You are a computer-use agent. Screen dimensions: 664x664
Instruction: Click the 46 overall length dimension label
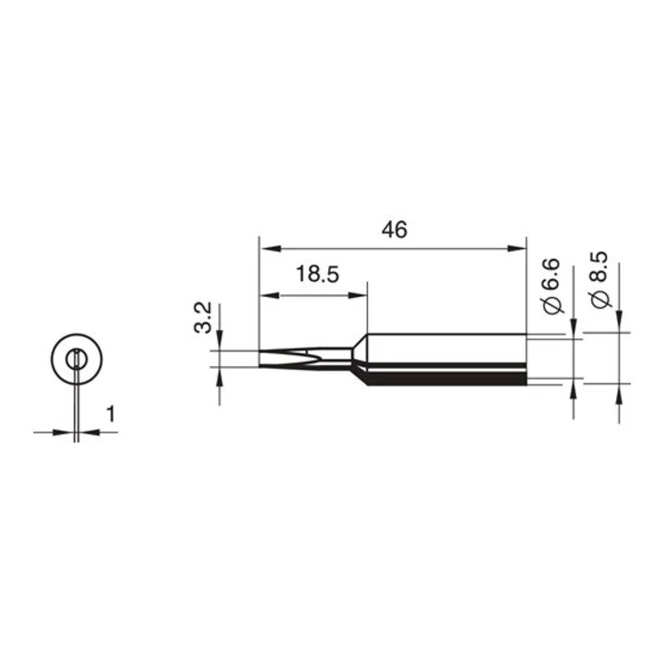(x=395, y=230)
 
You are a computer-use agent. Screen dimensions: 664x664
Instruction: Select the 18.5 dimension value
(x=317, y=274)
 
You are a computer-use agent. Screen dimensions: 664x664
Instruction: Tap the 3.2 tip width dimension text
(x=203, y=318)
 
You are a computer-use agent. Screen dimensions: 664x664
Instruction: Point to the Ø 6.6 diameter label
(x=552, y=286)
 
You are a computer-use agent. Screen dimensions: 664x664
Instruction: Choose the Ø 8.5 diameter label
(x=599, y=280)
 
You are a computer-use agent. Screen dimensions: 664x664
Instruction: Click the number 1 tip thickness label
(x=111, y=414)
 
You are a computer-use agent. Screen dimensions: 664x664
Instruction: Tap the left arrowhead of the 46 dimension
(x=270, y=249)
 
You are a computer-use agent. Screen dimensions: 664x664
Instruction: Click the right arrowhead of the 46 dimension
(x=516, y=249)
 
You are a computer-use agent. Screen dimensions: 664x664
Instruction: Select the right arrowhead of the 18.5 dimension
(x=358, y=295)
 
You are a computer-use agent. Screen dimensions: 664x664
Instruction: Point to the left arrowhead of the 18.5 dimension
(x=269, y=295)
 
